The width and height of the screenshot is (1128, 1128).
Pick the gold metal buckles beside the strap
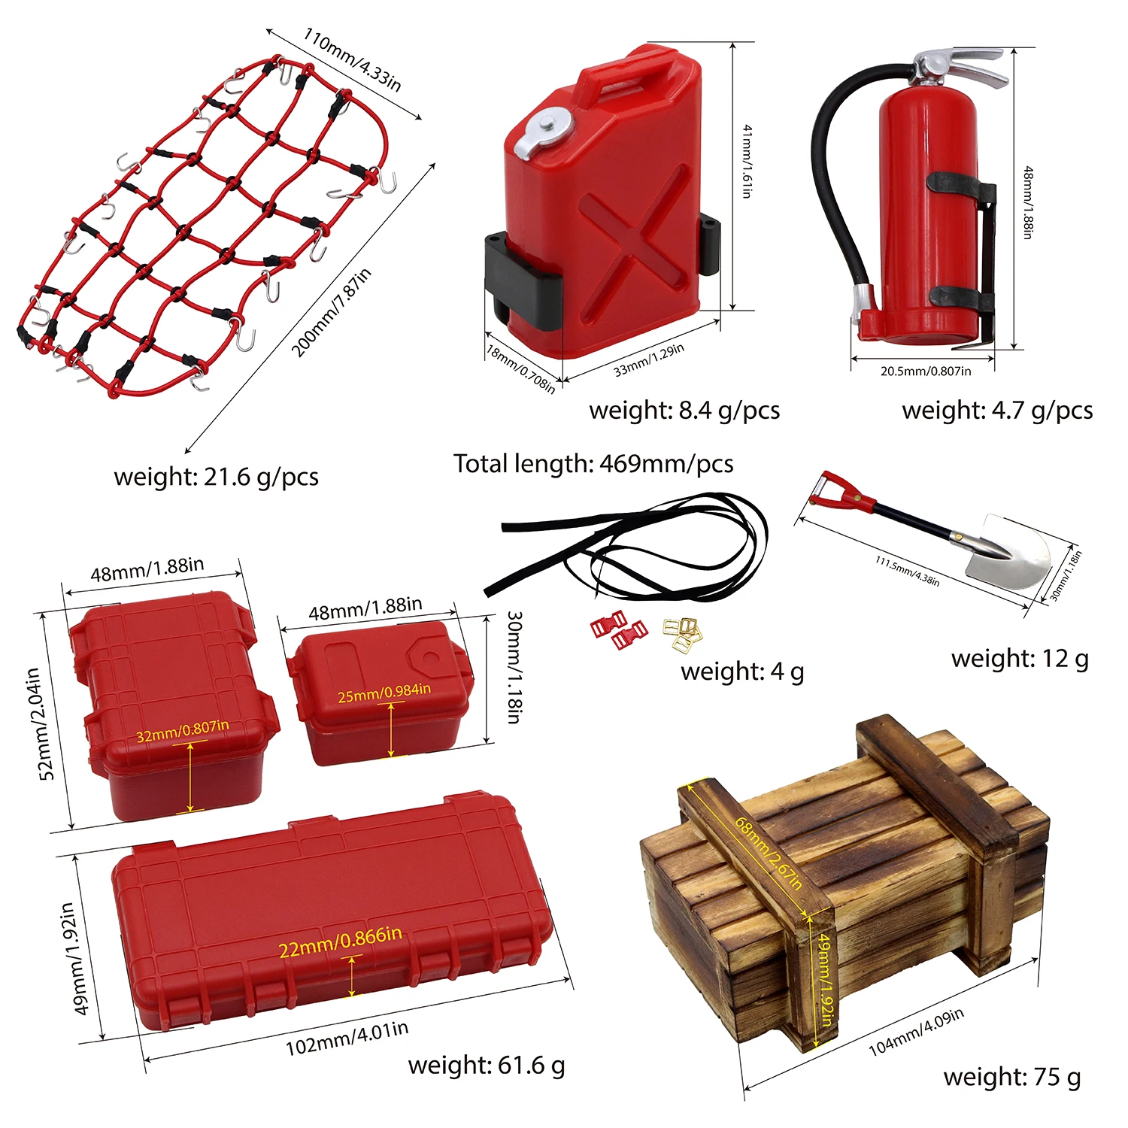(683, 633)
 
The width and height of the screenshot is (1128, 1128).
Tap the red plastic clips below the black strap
(618, 629)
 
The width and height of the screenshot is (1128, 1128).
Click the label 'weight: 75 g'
(1011, 1077)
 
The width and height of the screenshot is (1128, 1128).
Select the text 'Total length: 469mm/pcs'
(593, 464)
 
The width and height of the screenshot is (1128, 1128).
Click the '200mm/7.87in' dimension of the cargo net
(331, 313)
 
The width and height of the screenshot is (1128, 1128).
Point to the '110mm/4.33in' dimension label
(351, 59)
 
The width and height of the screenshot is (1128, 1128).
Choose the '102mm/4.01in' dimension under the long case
(347, 1039)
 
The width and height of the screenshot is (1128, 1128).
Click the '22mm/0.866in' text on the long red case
(340, 942)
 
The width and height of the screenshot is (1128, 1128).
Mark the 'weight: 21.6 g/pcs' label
(216, 477)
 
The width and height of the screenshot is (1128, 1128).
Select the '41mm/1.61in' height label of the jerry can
(746, 161)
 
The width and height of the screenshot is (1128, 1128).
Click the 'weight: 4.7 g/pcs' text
(997, 411)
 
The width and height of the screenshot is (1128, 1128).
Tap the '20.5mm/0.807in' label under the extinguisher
(926, 371)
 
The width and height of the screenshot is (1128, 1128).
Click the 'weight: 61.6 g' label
(486, 1065)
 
